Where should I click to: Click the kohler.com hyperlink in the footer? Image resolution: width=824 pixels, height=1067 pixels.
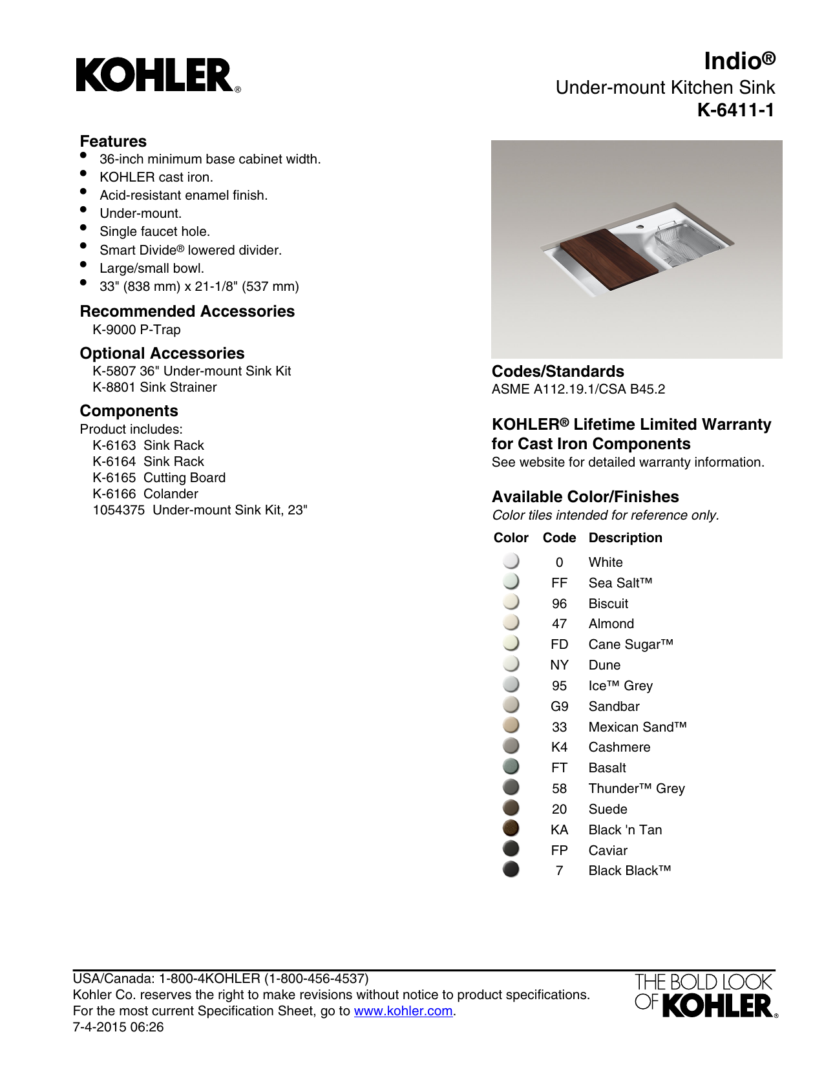403,1011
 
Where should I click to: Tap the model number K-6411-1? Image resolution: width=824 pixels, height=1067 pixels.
735,111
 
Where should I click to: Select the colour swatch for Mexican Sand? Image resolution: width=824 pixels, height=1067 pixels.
511,726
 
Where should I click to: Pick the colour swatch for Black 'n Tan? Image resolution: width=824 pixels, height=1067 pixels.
511,829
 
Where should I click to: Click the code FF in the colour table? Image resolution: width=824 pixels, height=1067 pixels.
559,583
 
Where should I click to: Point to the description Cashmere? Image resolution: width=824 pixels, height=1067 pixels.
619,747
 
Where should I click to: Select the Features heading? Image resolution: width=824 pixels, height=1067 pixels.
113,142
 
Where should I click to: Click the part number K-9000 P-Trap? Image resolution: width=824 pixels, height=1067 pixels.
136,330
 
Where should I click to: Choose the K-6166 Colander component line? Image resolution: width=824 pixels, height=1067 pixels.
145,494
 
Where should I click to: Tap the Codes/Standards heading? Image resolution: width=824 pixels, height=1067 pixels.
558,372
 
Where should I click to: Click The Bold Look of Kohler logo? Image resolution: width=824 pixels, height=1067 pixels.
706,995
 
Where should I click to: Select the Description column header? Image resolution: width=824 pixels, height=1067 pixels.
625,538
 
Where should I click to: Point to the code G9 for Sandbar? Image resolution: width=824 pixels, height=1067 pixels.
559,706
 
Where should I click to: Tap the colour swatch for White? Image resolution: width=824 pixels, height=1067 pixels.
511,561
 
